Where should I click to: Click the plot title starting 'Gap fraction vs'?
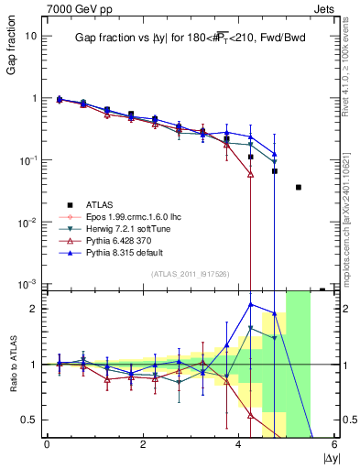187,38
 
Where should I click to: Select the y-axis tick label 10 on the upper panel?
31,36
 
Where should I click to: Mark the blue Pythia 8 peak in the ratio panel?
251,304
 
